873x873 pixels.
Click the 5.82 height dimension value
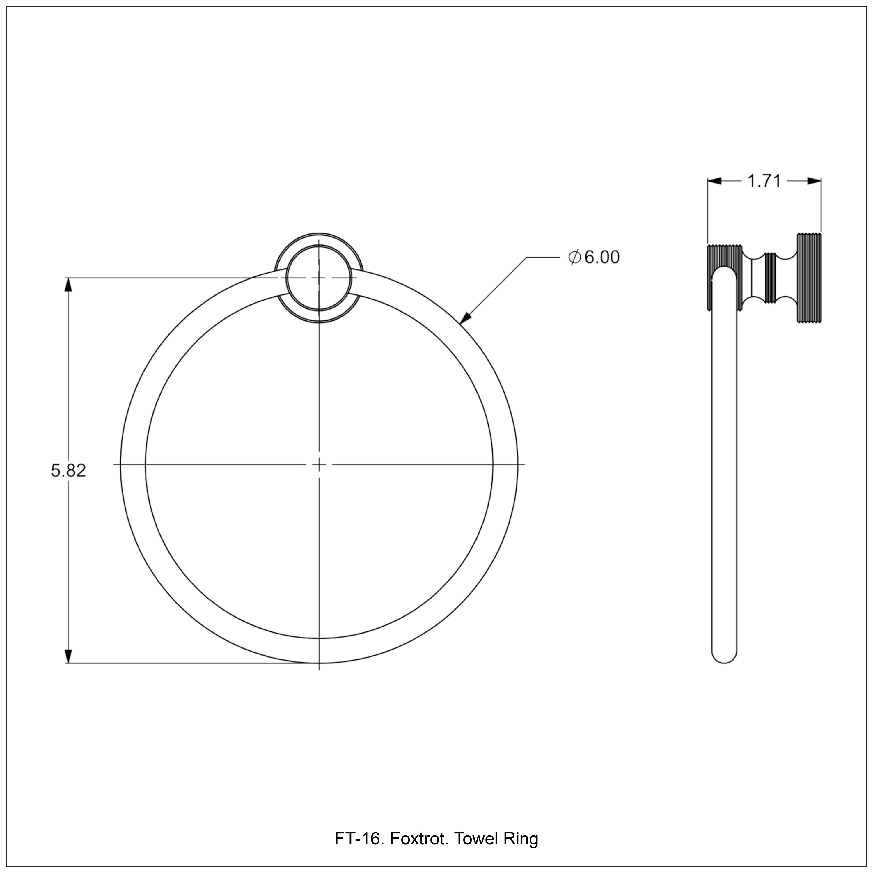[x=68, y=471]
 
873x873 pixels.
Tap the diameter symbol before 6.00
[x=574, y=258]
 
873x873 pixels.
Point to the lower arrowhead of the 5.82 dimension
[x=68, y=656]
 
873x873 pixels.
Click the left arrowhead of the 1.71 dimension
[x=715, y=181]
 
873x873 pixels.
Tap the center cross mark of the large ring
[x=319, y=464]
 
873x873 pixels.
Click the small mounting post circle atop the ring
[x=319, y=278]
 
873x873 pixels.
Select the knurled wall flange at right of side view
[x=809, y=278]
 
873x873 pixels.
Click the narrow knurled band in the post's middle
[x=770, y=278]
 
